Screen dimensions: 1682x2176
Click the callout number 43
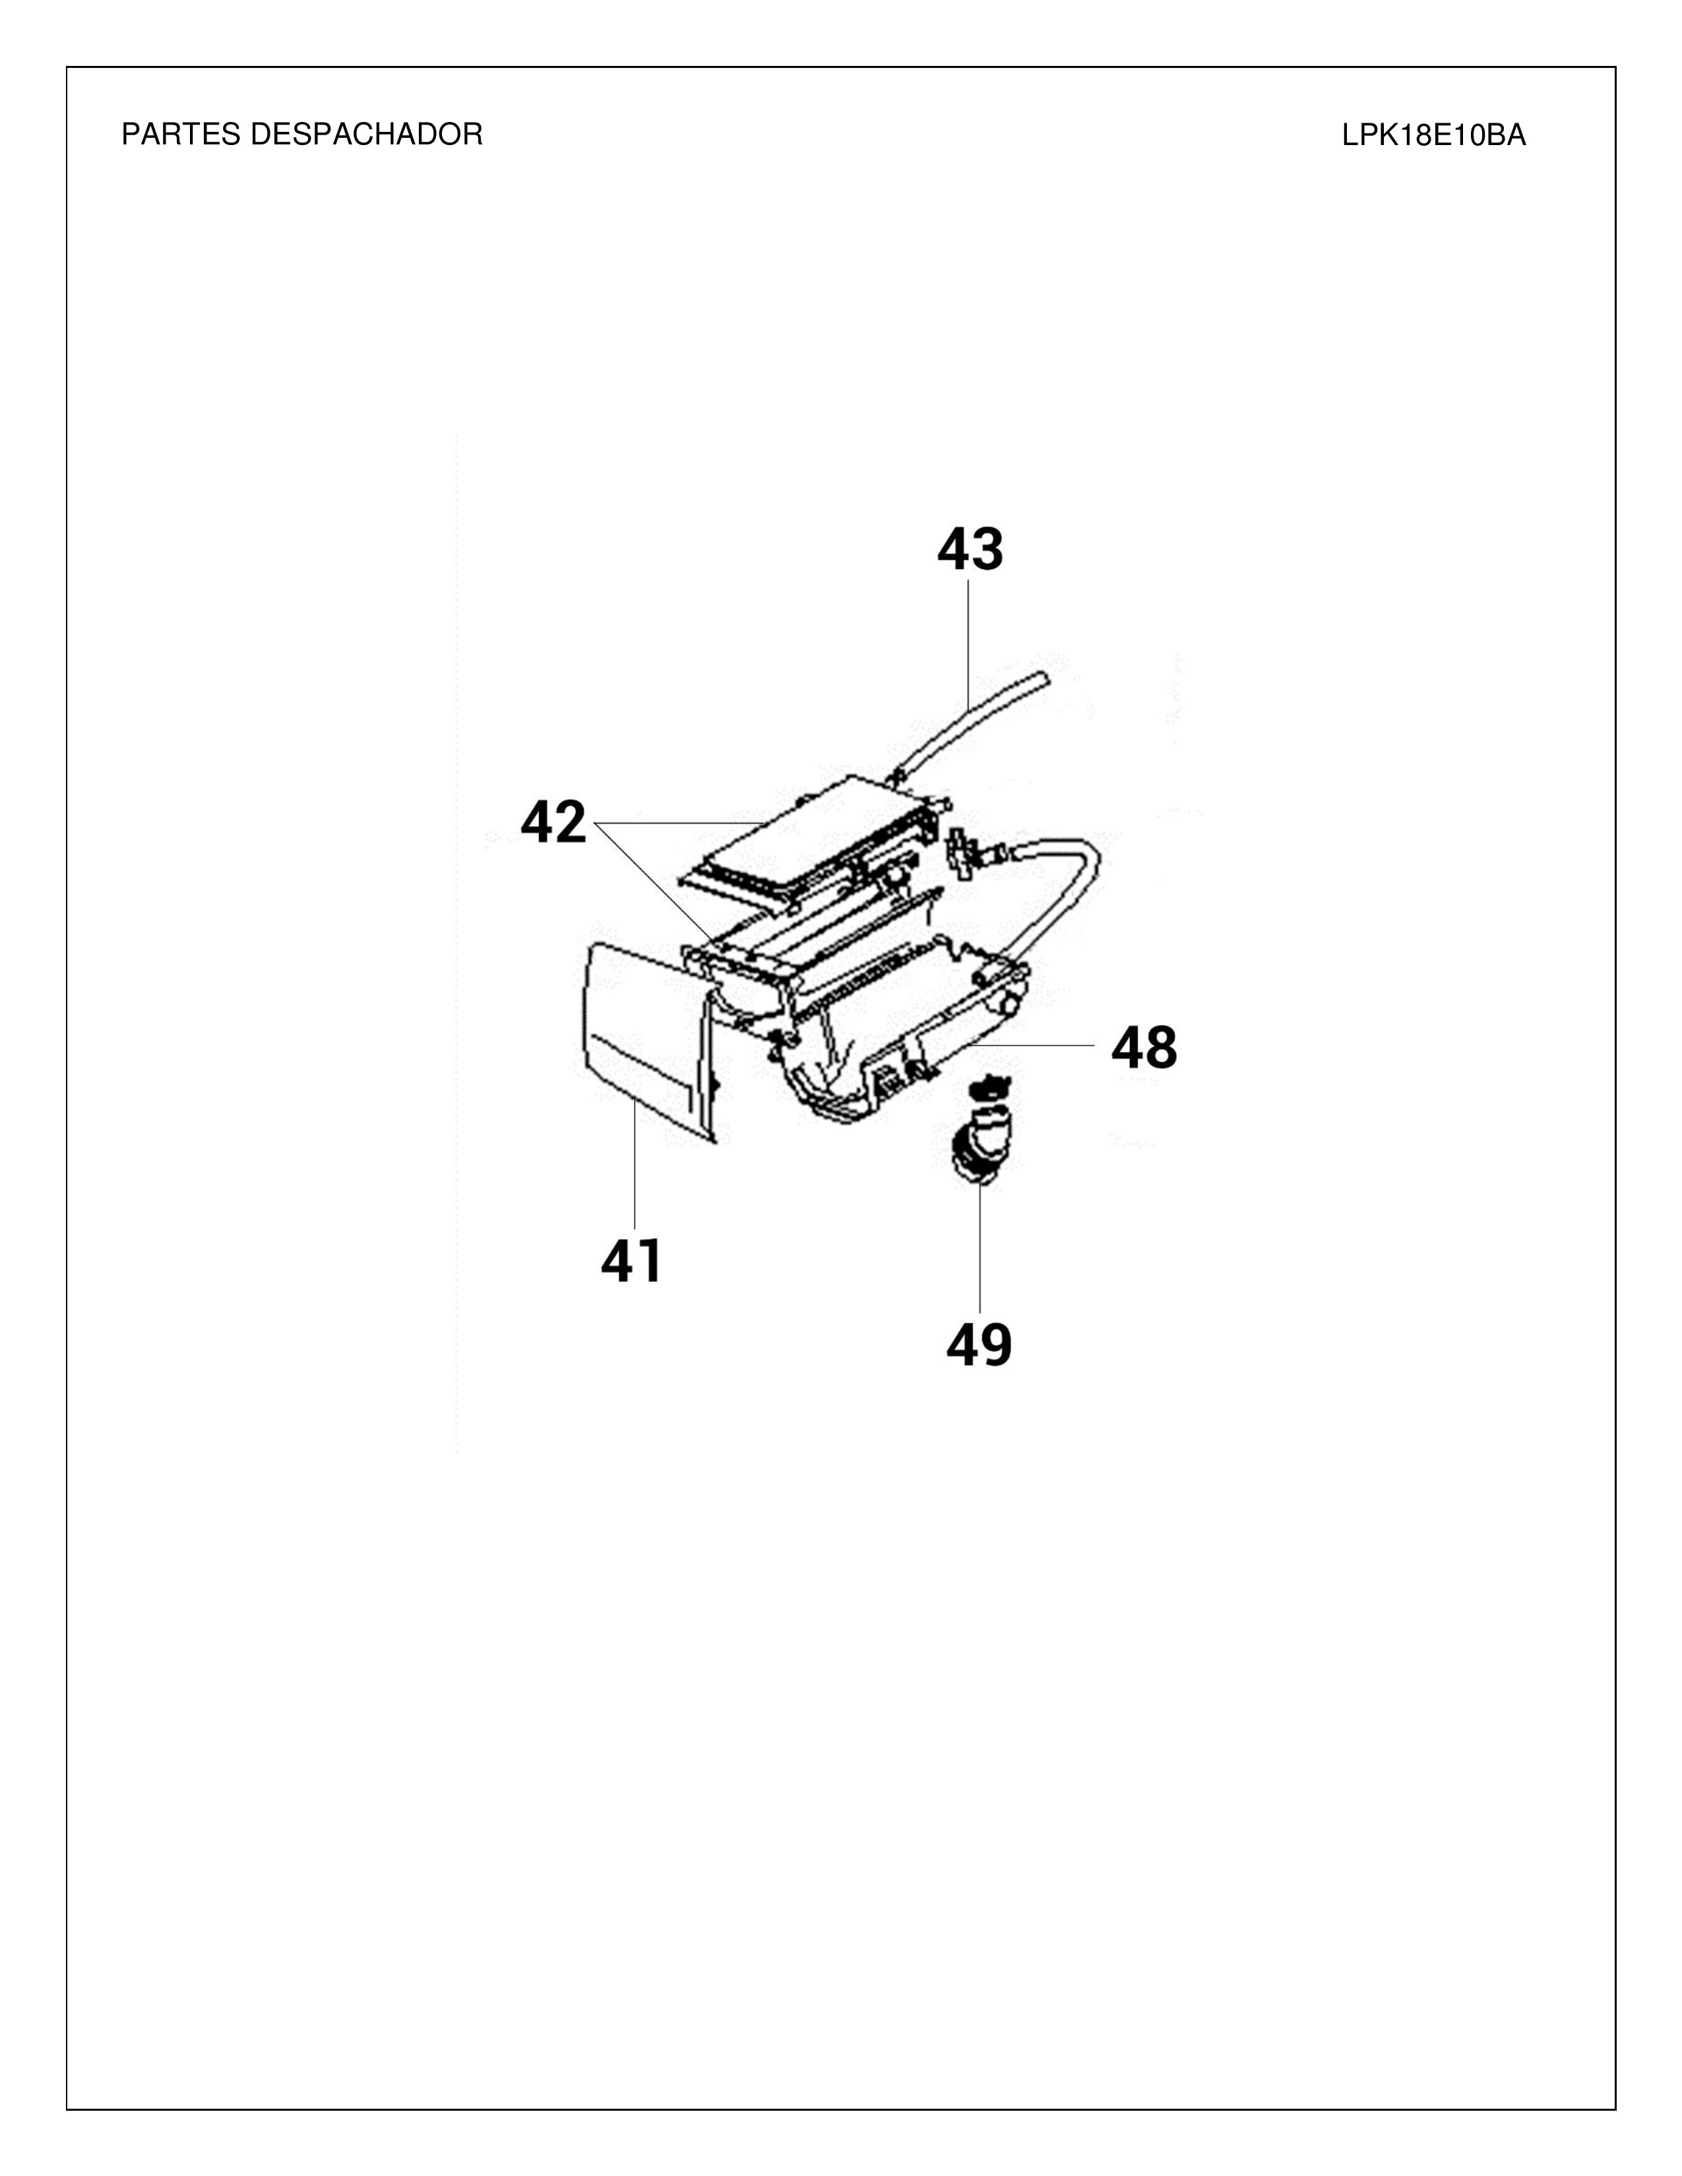point(970,550)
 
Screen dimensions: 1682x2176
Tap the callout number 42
point(553,823)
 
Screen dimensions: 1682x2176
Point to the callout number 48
point(1144,1048)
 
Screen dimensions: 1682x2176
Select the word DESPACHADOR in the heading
point(367,135)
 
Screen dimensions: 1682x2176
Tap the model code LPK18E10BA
point(1434,135)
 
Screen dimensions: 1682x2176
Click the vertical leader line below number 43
point(968,643)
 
